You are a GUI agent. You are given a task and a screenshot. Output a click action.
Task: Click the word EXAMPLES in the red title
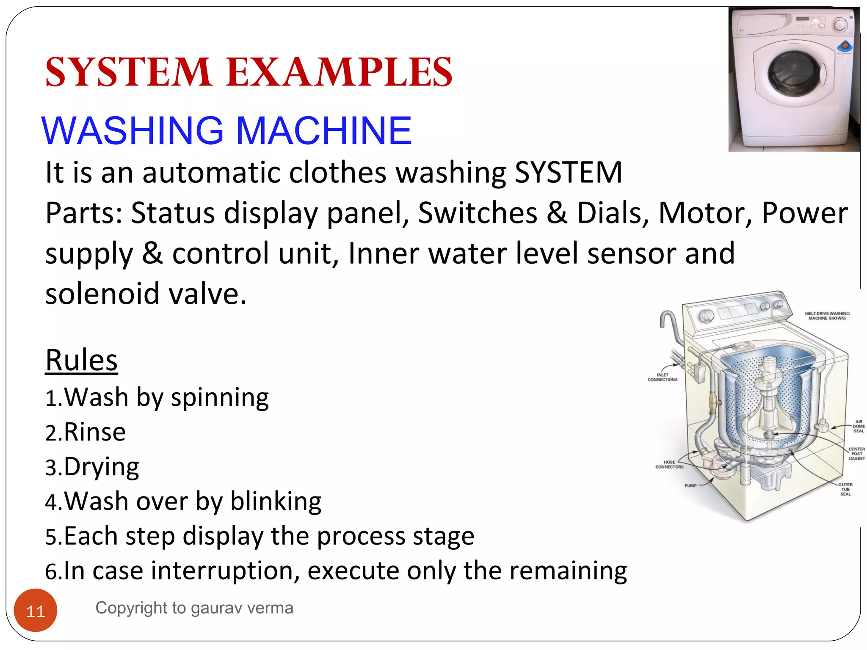pyautogui.click(x=339, y=72)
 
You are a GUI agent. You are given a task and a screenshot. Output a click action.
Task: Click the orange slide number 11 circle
pyautogui.click(x=36, y=611)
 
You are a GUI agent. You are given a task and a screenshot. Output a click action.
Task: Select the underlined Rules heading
pyautogui.click(x=81, y=361)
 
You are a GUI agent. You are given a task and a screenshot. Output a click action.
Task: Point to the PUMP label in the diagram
pyautogui.click(x=690, y=485)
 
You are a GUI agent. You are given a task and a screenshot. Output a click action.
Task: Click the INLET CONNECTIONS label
pyautogui.click(x=663, y=377)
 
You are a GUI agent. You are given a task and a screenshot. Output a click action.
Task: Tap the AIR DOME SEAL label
pyautogui.click(x=859, y=426)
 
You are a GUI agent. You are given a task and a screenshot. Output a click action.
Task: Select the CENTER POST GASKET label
pyautogui.click(x=856, y=454)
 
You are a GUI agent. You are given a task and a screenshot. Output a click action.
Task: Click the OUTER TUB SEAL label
pyautogui.click(x=845, y=489)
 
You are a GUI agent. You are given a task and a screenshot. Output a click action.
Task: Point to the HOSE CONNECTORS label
pyautogui.click(x=669, y=465)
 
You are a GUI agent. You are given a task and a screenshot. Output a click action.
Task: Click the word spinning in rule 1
pyautogui.click(x=220, y=398)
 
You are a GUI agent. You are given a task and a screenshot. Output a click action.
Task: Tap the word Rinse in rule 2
pyautogui.click(x=95, y=432)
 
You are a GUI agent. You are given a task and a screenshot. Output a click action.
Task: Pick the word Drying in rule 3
pyautogui.click(x=102, y=467)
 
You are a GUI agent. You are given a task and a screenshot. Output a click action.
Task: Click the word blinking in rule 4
pyautogui.click(x=276, y=502)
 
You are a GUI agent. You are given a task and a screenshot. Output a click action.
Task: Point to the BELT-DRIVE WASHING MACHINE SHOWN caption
pyautogui.click(x=827, y=316)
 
